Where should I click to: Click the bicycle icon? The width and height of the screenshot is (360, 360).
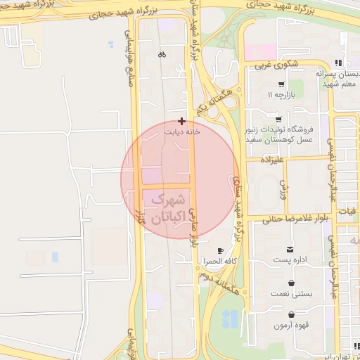click(162, 53)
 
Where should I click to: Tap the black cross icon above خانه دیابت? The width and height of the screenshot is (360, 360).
click(182, 121)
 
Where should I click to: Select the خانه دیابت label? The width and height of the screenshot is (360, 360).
click(182, 131)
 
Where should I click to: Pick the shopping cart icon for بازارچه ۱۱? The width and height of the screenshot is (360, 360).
click(281, 84)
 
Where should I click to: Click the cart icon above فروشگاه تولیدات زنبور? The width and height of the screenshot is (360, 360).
click(279, 119)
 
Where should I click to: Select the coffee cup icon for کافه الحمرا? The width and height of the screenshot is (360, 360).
click(219, 251)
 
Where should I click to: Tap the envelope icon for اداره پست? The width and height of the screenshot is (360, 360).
click(290, 250)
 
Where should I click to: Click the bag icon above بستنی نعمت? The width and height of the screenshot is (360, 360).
click(290, 283)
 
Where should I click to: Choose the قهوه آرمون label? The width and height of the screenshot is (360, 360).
click(290, 326)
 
